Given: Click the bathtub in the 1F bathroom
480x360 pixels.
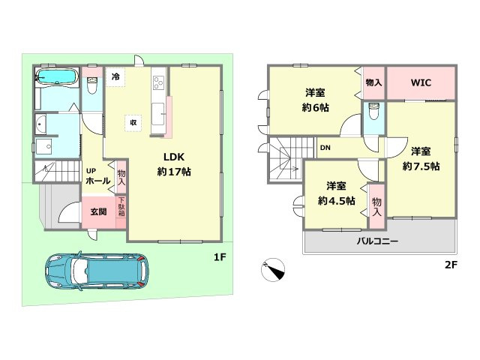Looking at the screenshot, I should coord(57,77).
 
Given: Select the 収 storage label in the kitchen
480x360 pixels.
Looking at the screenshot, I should coord(133,121).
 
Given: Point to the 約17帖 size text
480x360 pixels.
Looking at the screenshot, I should coord(175,172).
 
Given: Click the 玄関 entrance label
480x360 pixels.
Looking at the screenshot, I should coord(98,211).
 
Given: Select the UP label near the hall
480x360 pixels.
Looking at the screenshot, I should coord(90,170).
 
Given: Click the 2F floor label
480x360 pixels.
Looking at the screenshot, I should coord(449,265).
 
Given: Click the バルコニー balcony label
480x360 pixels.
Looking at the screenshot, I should coord(376,241).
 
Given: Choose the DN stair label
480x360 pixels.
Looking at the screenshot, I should coord(325,148).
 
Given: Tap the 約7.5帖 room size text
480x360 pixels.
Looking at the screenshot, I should coord(421,166).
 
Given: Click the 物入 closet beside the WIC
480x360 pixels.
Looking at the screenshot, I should coord(373,83).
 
